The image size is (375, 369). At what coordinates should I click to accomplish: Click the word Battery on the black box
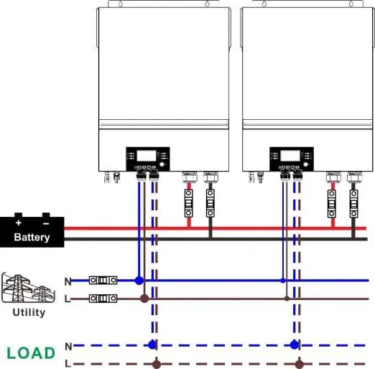tap(32, 238)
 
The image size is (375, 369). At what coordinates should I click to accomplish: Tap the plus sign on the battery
tap(19, 223)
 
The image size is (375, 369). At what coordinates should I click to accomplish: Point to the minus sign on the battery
tap(46, 223)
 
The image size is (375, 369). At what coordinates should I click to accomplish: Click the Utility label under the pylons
tap(29, 312)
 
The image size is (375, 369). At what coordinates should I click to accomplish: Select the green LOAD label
tap(31, 353)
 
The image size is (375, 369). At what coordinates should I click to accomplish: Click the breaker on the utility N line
tap(103, 280)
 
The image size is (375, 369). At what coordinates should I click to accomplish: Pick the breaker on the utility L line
tap(103, 299)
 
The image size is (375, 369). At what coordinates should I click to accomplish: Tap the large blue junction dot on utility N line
tap(139, 280)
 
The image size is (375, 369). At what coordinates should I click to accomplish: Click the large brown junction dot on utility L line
tap(144, 299)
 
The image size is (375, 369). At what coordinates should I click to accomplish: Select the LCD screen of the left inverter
tap(147, 156)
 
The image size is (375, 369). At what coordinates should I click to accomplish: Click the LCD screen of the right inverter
tap(290, 156)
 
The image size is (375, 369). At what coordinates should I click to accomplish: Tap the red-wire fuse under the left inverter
tap(189, 203)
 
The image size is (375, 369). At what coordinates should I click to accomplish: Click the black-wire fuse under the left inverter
tap(210, 203)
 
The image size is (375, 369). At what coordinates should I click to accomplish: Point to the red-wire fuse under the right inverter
tap(332, 204)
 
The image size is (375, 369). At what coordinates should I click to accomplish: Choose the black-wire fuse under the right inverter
tap(353, 204)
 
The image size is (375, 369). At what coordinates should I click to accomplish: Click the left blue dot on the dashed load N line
tap(152, 345)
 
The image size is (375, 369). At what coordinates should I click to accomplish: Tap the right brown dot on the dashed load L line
tap(299, 364)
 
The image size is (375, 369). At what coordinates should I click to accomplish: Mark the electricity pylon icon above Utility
tap(28, 288)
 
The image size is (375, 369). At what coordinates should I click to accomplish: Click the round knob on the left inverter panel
tap(162, 164)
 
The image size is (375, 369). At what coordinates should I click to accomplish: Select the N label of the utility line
tap(68, 281)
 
